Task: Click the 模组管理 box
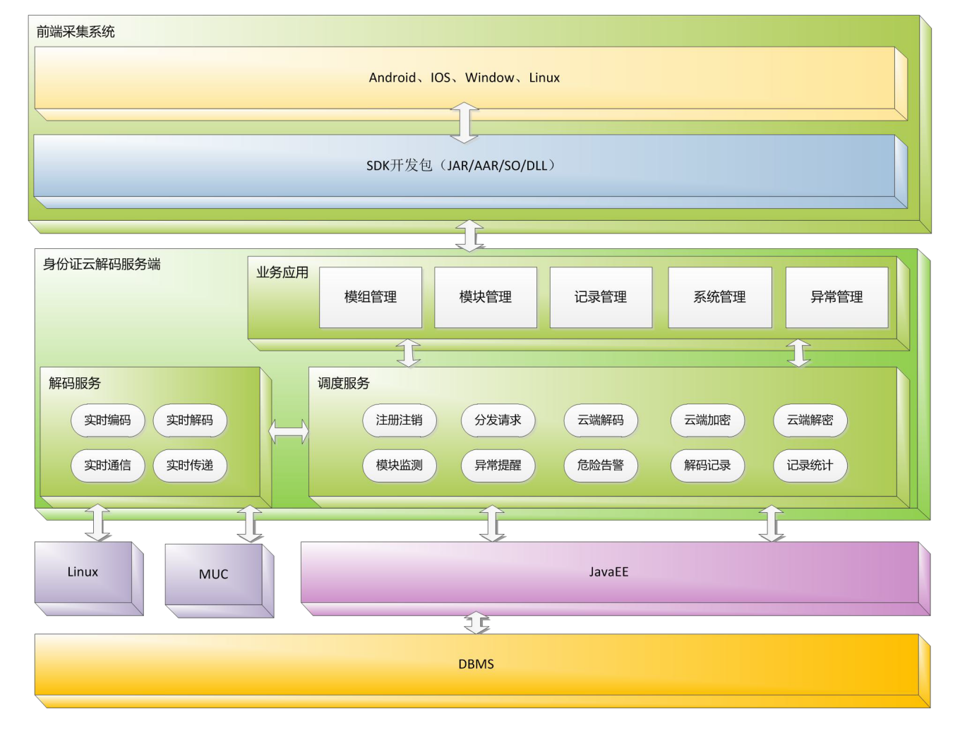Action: click(x=371, y=297)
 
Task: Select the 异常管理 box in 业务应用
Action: click(x=836, y=297)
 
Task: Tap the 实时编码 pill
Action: click(x=107, y=420)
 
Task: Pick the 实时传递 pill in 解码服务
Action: click(x=189, y=466)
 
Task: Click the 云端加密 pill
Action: click(x=707, y=420)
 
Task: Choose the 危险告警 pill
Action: click(x=601, y=466)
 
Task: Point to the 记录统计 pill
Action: click(x=810, y=466)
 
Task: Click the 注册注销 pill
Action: click(x=399, y=420)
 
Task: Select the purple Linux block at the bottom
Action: click(x=83, y=572)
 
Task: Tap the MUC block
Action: click(x=213, y=574)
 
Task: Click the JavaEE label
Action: click(x=608, y=572)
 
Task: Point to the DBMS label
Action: click(x=476, y=664)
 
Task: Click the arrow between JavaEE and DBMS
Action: click(x=476, y=623)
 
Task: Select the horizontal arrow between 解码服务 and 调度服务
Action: click(x=289, y=431)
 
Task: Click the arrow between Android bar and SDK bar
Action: click(x=464, y=122)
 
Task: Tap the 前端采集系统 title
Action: click(x=76, y=32)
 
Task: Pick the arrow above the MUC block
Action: click(x=250, y=523)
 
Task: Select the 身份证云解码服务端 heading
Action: click(x=102, y=265)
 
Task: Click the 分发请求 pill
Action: click(x=498, y=420)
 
